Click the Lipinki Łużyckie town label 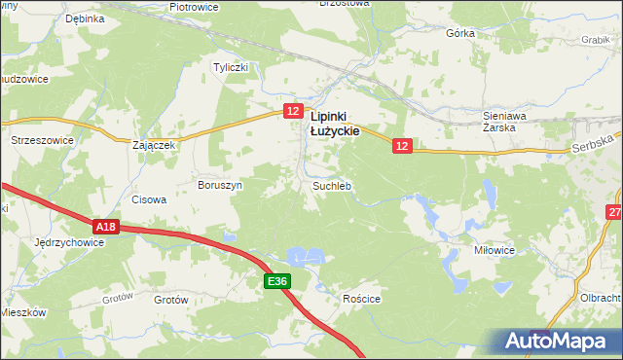click(335, 121)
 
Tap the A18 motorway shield click(107, 227)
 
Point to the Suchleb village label click(331, 185)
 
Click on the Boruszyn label click(219, 184)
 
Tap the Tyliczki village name click(233, 67)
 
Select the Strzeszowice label click(42, 140)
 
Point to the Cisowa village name click(149, 199)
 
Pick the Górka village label click(460, 32)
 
